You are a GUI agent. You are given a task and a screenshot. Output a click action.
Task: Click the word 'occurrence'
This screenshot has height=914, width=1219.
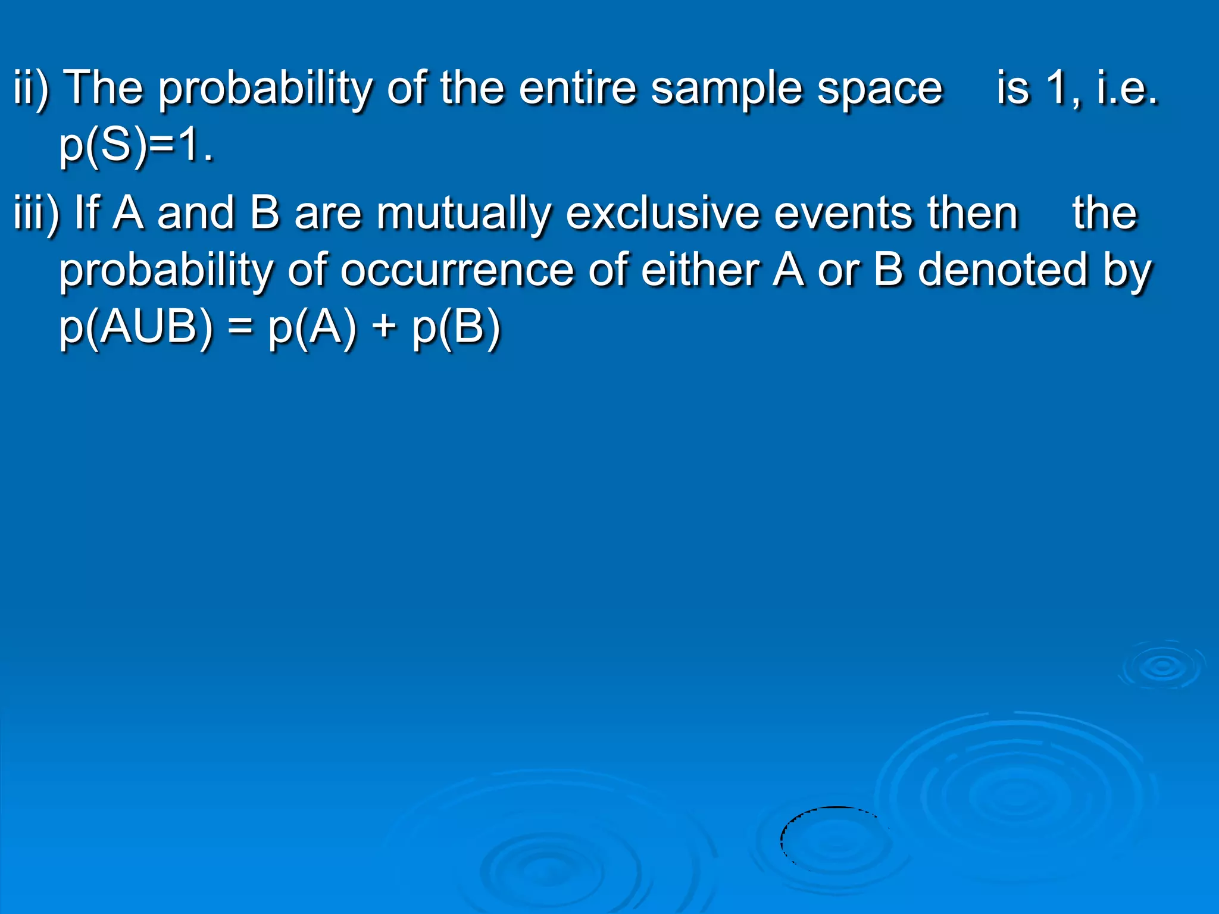pyautogui.click(x=457, y=271)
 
